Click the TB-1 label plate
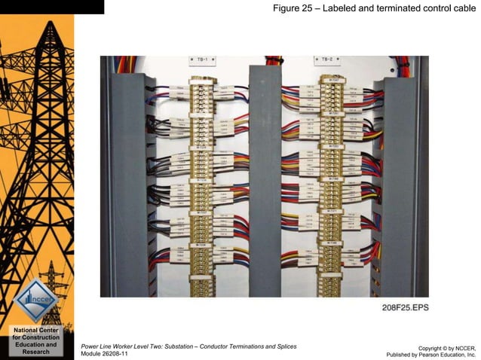tap(202, 59)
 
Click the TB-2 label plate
tap(326, 59)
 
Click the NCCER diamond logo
tap(36, 300)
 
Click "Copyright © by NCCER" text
tap(446, 347)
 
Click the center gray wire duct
tap(265, 181)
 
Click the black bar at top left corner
tap(52, 7)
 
